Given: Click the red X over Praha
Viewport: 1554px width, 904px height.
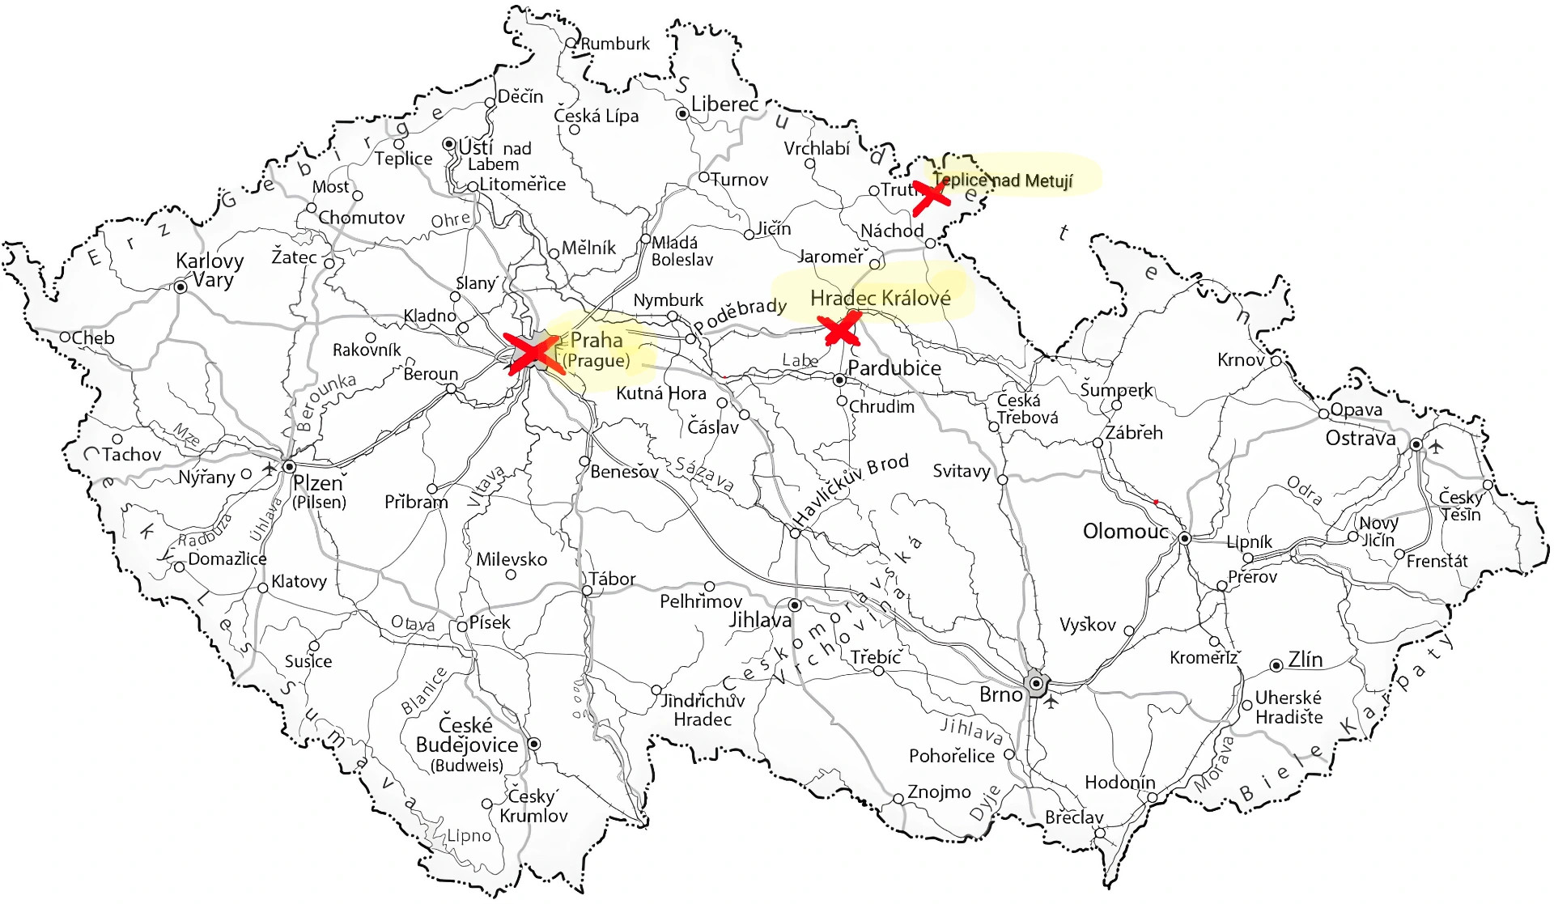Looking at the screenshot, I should (x=532, y=353).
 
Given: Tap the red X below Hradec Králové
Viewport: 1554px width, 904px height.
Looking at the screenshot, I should (x=839, y=329).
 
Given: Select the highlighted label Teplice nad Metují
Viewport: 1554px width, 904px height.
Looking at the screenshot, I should (x=1004, y=180).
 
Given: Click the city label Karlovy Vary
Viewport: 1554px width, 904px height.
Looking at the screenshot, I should (x=209, y=270).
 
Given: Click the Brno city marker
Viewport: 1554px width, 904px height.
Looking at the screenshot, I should (x=1036, y=684).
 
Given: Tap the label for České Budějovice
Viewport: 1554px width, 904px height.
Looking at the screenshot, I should (x=467, y=736).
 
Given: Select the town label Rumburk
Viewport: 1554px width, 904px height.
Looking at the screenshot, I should (x=615, y=44).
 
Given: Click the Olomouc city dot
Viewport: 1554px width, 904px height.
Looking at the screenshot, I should (x=1184, y=538).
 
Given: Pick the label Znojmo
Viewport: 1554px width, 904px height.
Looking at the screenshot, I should (x=939, y=792).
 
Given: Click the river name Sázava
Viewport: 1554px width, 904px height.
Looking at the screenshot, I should (x=704, y=475).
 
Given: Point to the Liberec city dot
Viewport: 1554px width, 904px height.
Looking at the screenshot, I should (x=682, y=114).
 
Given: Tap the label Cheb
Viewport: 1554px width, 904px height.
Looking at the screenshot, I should (x=93, y=337).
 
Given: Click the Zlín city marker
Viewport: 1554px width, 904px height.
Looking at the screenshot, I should (x=1276, y=665).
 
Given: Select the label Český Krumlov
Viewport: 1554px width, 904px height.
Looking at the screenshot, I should (x=533, y=806).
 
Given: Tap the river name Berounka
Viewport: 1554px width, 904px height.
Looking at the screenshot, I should (x=325, y=402).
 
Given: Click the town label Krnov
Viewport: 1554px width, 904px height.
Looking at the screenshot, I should (x=1241, y=359).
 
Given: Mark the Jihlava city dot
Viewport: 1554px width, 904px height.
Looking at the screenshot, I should (x=795, y=605).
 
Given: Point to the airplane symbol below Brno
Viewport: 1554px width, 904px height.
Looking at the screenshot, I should (x=1051, y=702).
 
